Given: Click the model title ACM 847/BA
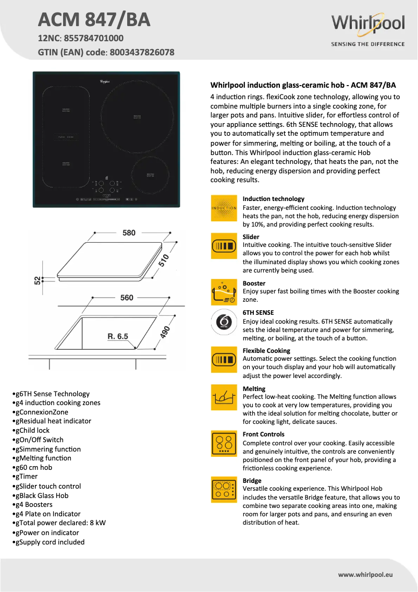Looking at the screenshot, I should click(94, 19).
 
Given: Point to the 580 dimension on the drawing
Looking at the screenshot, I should click(129, 233).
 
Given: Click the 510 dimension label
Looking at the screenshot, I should click(164, 260).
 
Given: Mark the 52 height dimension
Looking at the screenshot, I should click(38, 280).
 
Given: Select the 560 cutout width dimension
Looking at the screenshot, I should click(127, 298).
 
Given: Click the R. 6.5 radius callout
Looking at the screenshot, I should click(118, 336).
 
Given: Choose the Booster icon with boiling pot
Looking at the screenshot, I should click(224, 292).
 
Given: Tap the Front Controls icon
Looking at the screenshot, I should click(224, 444).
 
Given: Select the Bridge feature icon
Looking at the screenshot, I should click(224, 490).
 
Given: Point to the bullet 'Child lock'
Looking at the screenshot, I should click(33, 430).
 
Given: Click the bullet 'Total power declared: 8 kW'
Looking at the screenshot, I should click(60, 523).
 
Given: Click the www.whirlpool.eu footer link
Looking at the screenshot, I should click(365, 574).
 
